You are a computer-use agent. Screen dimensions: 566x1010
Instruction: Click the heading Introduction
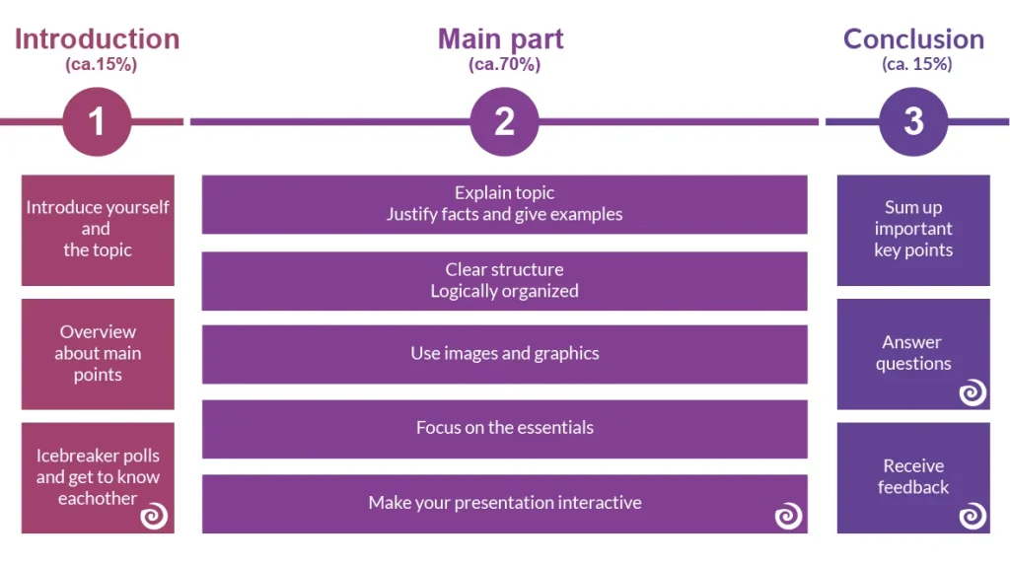coord(97,39)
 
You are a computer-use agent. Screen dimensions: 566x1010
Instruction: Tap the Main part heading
coord(501,39)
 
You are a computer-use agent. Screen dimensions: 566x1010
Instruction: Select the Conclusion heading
coord(913,39)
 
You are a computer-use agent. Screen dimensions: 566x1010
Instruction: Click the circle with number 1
coord(97,121)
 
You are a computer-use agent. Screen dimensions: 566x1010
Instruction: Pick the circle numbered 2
coord(504,121)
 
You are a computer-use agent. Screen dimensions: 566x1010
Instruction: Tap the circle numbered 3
coord(913,121)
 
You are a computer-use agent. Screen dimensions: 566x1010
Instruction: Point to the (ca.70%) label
coord(504,65)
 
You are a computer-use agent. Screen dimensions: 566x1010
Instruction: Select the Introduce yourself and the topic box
coord(98,230)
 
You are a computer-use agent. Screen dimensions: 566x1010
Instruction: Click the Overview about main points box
coord(98,353)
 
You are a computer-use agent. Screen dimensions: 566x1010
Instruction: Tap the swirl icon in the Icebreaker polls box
coord(154,516)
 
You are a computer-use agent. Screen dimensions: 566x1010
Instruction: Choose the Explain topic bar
coord(504,204)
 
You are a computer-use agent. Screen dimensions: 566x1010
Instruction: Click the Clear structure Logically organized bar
coord(504,280)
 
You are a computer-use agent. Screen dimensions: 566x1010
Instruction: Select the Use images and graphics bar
coord(504,354)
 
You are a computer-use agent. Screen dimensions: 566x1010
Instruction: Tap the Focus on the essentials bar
coord(504,428)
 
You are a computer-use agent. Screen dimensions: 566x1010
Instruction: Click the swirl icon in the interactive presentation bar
coord(787,516)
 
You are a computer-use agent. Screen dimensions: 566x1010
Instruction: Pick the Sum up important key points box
coord(913,230)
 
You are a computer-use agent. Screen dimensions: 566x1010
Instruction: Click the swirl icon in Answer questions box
coord(973,392)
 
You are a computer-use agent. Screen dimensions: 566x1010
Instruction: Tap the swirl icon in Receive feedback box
coord(973,516)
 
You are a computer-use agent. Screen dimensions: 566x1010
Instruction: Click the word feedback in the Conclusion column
coord(913,488)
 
